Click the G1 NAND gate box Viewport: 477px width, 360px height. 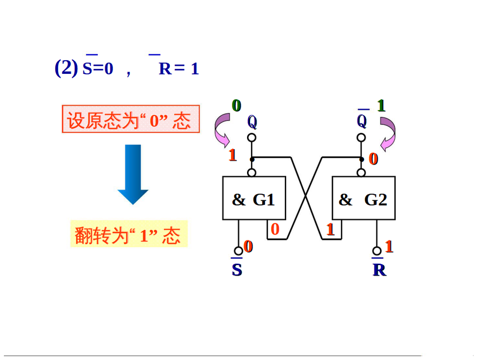point(254,198)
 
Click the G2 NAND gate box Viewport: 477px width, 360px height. point(364,198)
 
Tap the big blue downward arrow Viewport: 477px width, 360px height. point(133,174)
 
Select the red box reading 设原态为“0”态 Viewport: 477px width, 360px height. point(131,119)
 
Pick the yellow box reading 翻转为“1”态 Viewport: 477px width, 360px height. point(129,234)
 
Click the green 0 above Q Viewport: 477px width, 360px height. point(236,105)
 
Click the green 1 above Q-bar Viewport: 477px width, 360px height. point(381,105)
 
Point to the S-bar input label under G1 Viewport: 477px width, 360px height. point(237,270)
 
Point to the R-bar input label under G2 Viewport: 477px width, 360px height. point(379,270)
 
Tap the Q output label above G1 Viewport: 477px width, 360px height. point(252,122)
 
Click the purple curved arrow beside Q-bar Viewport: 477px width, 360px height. point(389,134)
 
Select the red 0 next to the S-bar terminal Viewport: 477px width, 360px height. point(248,247)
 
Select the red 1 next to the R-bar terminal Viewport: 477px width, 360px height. point(389,247)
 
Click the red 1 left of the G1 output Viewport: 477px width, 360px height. point(232,155)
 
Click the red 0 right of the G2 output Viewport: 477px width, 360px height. point(373,159)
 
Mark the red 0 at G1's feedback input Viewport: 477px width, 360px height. point(275,229)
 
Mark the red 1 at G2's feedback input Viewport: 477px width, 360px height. point(330,229)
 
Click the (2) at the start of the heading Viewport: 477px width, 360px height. point(66,68)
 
